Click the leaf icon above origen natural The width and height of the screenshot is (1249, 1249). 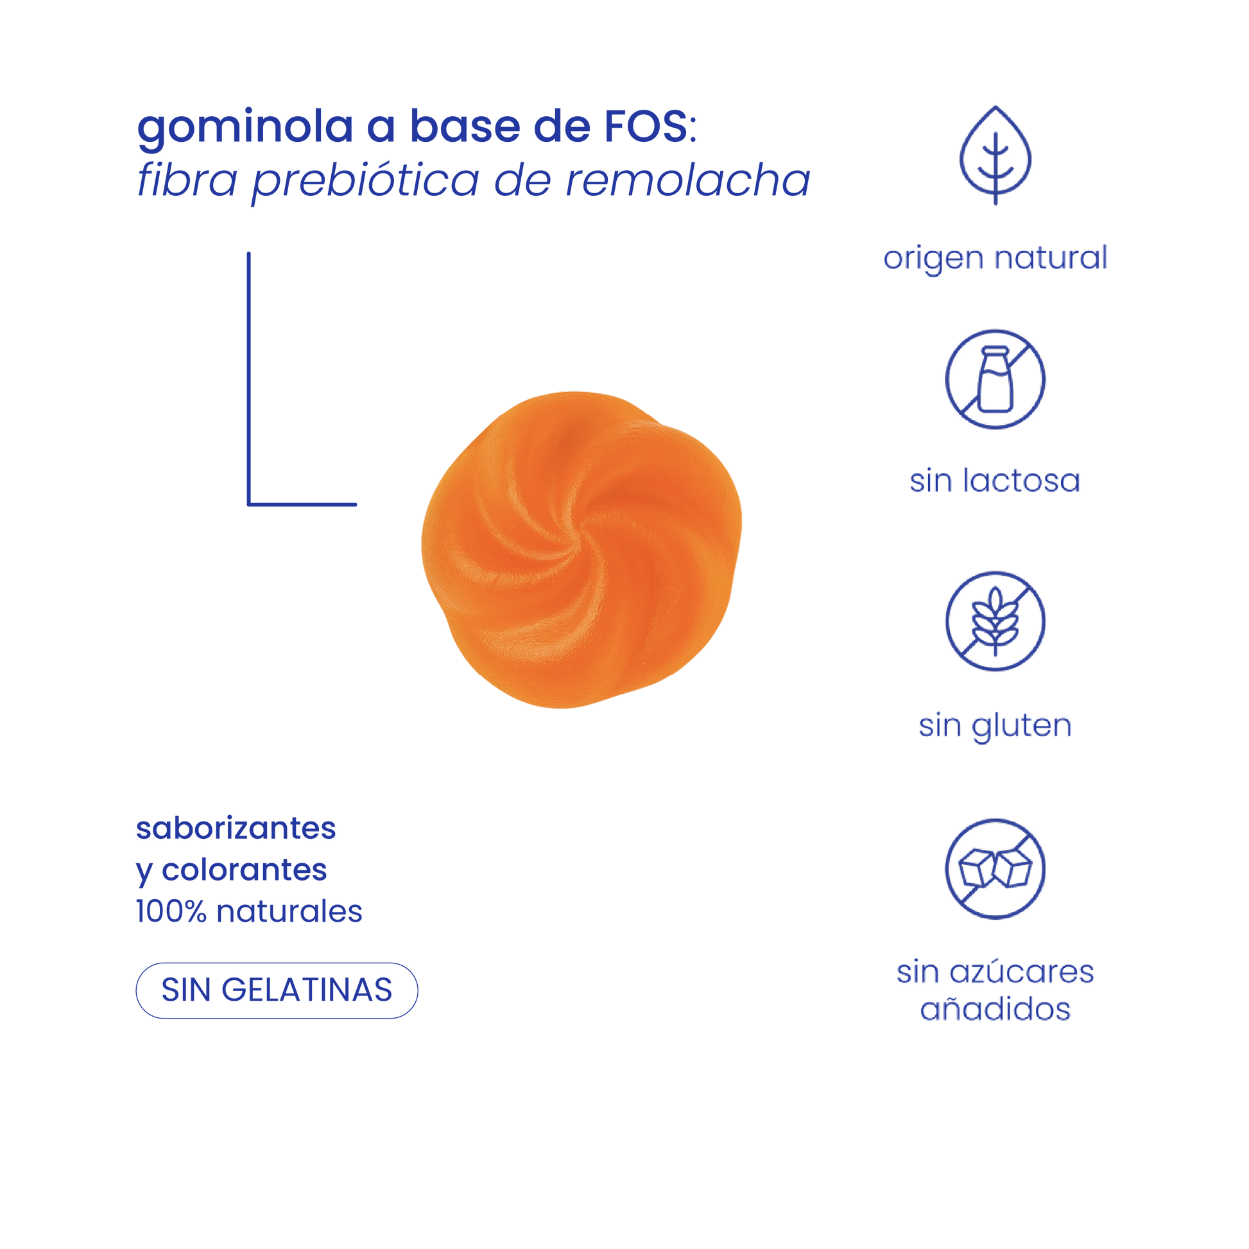click(995, 156)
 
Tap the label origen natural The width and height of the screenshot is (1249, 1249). click(995, 259)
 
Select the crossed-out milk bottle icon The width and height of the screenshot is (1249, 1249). click(995, 379)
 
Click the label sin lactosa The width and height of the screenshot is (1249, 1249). click(995, 481)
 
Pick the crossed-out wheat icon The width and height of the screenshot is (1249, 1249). click(995, 621)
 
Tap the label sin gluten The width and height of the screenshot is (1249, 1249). click(995, 725)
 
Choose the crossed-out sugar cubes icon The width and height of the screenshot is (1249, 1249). click(995, 868)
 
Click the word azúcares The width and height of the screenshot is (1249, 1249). click(1022, 972)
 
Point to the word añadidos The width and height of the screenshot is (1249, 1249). click(995, 1010)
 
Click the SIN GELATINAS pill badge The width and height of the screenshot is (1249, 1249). click(277, 990)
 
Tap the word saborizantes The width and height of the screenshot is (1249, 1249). click(236, 829)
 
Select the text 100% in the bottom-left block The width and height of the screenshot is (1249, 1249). click(171, 912)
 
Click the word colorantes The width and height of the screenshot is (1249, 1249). click(244, 870)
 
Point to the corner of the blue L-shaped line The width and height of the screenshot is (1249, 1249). click(249, 504)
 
